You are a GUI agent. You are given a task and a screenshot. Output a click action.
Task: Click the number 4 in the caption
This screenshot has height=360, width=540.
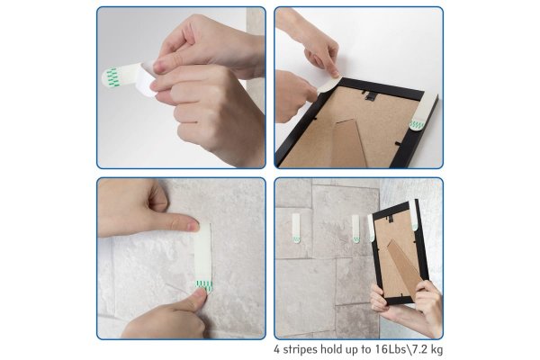point(277,349)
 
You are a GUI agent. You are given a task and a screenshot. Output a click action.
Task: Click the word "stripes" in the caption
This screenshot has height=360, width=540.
point(300,350)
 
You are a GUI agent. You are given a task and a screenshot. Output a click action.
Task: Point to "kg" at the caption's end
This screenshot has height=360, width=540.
point(436,350)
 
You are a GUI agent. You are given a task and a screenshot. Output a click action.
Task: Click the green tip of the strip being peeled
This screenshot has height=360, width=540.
point(112,76)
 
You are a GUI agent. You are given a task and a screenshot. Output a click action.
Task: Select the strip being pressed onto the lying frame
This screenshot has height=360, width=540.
point(328,85)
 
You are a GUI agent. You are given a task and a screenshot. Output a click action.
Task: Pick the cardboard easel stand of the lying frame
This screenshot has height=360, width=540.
point(348,144)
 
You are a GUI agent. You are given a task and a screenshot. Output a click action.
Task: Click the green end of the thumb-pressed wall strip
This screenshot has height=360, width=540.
point(204,285)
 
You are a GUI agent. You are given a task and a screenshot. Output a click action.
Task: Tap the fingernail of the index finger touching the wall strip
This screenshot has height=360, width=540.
point(193,226)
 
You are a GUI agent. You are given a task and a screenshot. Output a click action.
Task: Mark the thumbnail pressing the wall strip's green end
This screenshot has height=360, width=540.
point(201,294)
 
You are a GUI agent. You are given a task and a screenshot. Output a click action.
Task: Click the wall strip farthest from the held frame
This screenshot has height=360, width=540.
point(296,228)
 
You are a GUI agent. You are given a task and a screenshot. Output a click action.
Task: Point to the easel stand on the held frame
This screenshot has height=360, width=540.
point(404,269)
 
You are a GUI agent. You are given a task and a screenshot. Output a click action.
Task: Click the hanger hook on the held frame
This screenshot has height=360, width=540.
point(391,219)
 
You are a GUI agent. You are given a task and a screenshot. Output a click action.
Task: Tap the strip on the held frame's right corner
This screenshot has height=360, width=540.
point(414,215)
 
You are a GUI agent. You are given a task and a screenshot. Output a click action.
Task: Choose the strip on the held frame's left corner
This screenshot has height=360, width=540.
point(371,228)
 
